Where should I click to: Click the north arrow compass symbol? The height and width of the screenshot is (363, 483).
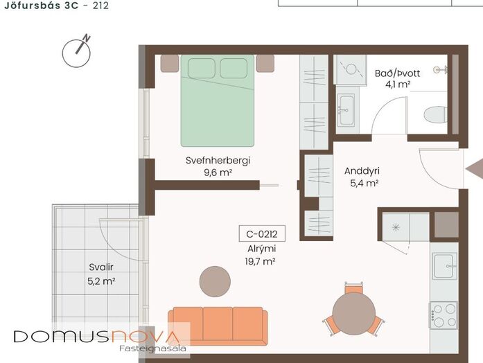(x=76, y=53)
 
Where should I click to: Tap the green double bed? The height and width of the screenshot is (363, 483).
(x=218, y=100)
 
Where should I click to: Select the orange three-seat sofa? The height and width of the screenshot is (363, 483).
(x=218, y=326)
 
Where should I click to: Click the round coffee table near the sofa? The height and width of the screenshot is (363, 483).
(x=215, y=281)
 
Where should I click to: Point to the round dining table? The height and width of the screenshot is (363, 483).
(x=354, y=314)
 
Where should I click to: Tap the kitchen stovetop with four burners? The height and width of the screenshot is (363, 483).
(x=444, y=315)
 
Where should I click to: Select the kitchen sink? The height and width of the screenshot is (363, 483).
(x=444, y=266)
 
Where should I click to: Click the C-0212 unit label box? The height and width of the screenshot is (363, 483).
(x=262, y=234)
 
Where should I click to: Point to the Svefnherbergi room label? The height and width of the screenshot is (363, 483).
(x=218, y=161)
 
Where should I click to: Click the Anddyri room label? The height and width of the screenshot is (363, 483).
(x=362, y=171)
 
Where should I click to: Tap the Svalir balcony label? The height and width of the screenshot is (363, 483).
(x=101, y=267)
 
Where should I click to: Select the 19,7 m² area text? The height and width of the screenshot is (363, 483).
(x=260, y=261)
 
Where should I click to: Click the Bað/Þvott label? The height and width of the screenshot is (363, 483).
(x=397, y=73)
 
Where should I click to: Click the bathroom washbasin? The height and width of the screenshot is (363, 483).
(x=346, y=110)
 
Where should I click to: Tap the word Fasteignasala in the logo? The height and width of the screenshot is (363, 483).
(x=152, y=348)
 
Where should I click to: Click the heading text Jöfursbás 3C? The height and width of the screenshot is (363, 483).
(x=42, y=6)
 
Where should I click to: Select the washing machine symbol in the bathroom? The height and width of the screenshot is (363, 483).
(x=351, y=69)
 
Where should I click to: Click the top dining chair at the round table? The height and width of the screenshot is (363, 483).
(x=353, y=288)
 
